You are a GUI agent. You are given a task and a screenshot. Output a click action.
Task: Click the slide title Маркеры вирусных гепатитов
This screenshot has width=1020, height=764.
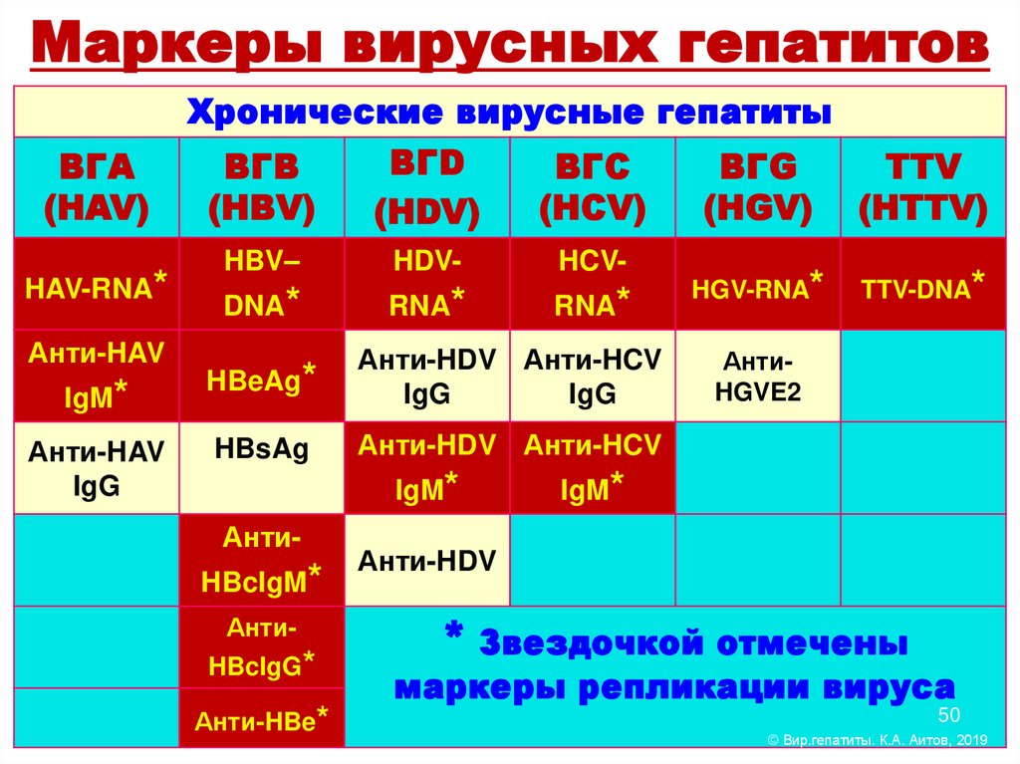[510, 45]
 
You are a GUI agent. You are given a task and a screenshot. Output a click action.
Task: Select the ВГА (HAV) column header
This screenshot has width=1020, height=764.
[97, 186]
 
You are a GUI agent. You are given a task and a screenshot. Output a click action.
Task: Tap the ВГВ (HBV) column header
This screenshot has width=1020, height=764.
[262, 186]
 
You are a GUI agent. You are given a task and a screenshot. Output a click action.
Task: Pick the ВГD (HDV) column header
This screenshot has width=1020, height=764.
[427, 186]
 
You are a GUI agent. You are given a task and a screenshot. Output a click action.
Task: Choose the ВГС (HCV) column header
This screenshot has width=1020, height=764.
[593, 186]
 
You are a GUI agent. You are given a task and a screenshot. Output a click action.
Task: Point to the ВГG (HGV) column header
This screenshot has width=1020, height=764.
[758, 186]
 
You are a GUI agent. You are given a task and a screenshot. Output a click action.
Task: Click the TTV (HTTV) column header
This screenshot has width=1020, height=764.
[922, 186]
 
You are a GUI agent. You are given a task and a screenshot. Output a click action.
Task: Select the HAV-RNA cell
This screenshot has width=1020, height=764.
[97, 286]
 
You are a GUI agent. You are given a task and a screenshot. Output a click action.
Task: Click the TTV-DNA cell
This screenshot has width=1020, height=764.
[922, 286]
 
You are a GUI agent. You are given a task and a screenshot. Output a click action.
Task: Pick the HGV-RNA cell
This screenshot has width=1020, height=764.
[758, 286]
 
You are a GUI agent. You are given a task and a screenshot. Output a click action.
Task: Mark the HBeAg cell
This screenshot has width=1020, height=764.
[262, 377]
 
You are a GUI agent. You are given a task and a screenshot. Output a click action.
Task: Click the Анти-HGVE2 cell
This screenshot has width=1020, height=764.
[758, 377]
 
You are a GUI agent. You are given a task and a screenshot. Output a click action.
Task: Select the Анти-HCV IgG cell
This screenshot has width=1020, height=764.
[593, 377]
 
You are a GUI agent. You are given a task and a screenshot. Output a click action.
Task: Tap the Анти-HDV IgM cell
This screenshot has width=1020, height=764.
[427, 468]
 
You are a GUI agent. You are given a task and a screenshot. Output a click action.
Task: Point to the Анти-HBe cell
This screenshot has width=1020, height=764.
[262, 721]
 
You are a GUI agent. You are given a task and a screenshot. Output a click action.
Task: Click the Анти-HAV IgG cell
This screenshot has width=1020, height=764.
[97, 468]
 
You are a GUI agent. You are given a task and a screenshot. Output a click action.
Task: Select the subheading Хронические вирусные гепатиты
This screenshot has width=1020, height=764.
[510, 112]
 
